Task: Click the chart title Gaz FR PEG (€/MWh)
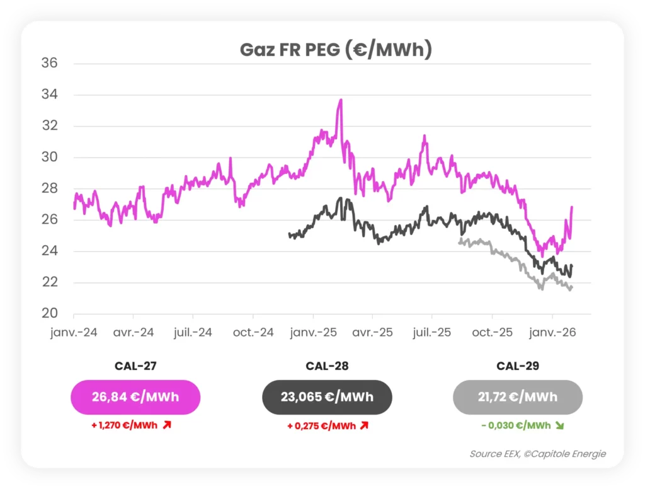[336, 50]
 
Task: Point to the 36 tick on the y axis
[49, 64]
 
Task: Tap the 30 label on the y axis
[49, 158]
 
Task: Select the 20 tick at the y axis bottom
[49, 314]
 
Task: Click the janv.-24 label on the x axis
[74, 332]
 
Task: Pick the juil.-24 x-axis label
[193, 332]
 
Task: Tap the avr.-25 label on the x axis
[372, 332]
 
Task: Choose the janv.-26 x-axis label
[552, 332]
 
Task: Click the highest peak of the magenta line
[341, 100]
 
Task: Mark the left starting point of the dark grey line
[289, 234]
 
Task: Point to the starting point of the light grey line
[459, 241]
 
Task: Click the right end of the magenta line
[572, 207]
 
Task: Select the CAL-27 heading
[135, 366]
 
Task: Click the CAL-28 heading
[327, 366]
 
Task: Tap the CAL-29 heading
[517, 366]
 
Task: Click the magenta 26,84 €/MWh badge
[135, 397]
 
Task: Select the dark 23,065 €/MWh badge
[327, 397]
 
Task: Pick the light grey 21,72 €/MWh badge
[517, 397]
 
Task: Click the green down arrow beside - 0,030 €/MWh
[559, 425]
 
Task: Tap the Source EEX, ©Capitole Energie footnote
[537, 454]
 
